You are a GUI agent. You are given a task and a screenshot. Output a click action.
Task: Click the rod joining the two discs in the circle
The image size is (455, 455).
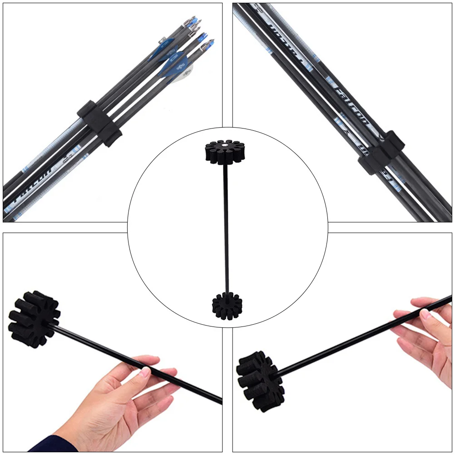[x=226, y=227]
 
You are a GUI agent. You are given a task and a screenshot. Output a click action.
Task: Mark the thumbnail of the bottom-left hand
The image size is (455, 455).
[x=144, y=372]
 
